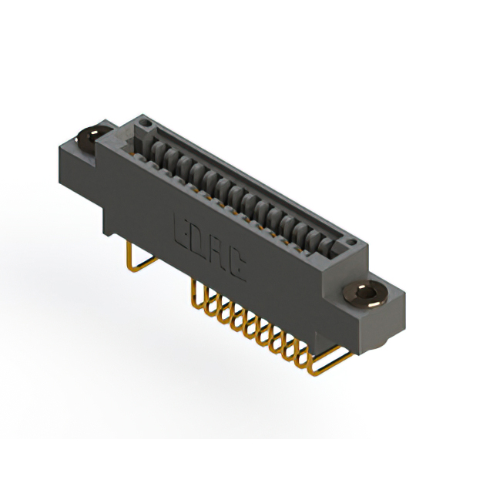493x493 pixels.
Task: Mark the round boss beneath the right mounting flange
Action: (x=362, y=327)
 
